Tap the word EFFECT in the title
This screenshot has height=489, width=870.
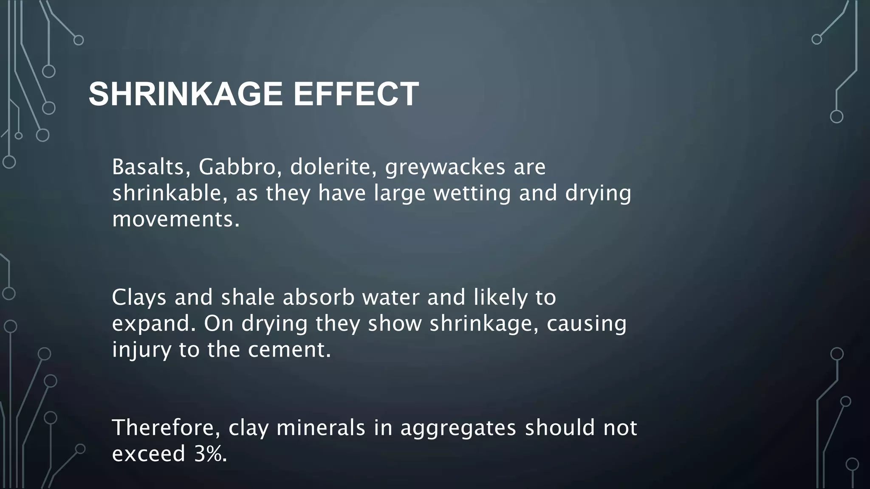[356, 94]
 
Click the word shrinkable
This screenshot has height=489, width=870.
[170, 193]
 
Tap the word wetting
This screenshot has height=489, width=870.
[472, 194]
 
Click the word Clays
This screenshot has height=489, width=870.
[139, 297]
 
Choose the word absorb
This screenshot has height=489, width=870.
[319, 297]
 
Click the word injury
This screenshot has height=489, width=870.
[141, 351]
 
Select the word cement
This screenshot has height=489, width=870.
[289, 351]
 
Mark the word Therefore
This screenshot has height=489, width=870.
[166, 427]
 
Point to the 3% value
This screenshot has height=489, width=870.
[210, 454]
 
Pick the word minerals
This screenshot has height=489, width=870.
[321, 427]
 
